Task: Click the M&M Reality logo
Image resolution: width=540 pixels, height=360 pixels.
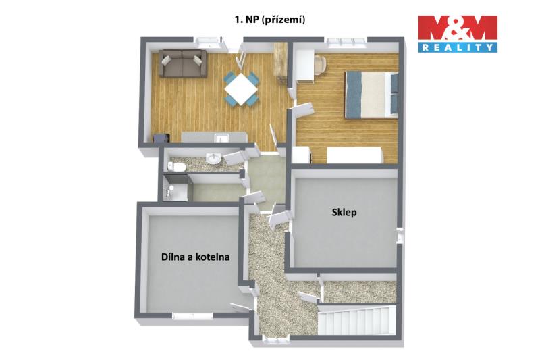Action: pyautogui.click(x=458, y=33)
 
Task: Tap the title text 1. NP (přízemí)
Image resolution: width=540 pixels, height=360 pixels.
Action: pyautogui.click(x=269, y=20)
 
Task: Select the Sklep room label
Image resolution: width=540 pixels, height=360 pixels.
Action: pyautogui.click(x=344, y=213)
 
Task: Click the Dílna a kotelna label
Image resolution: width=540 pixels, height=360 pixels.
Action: pyautogui.click(x=196, y=257)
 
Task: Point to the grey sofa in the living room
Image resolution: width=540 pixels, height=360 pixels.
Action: pyautogui.click(x=182, y=63)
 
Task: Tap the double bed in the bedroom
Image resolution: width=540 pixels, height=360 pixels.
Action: pyautogui.click(x=372, y=95)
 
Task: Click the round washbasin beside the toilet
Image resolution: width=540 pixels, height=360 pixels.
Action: pyautogui.click(x=213, y=159)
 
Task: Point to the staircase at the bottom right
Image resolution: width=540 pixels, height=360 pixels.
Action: pyautogui.click(x=357, y=320)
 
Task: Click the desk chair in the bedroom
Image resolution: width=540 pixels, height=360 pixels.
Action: pyautogui.click(x=320, y=64)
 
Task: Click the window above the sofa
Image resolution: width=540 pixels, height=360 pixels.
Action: pyautogui.click(x=208, y=42)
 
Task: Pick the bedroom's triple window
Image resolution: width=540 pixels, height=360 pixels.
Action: pyautogui.click(x=346, y=41)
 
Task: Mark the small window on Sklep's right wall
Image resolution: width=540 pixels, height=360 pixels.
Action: pyautogui.click(x=400, y=236)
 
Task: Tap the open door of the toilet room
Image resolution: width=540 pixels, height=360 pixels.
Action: pyautogui.click(x=235, y=157)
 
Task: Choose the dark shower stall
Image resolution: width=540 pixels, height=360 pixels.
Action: pyautogui.click(x=175, y=188)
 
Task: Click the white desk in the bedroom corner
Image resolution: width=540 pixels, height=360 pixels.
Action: pyautogui.click(x=305, y=67)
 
